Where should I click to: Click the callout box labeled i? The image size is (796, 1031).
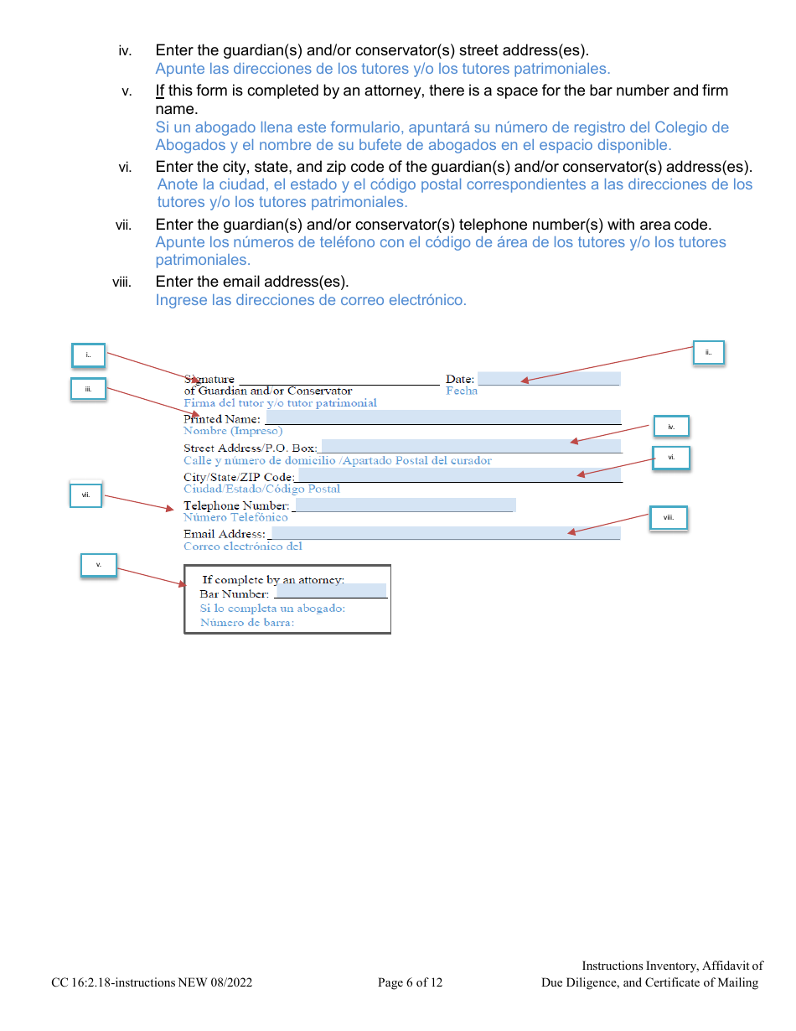88,355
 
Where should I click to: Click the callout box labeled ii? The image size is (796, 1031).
708,353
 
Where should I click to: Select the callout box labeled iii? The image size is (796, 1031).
88,389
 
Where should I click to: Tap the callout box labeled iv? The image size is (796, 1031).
671,427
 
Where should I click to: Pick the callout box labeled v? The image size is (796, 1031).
98,565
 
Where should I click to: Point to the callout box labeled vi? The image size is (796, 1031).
671,458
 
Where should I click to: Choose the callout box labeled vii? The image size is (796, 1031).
85,496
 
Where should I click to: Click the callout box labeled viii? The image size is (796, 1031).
669,518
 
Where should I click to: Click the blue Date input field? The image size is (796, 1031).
549,379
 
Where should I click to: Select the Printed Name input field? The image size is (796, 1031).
442,417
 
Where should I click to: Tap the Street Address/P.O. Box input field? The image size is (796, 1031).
471,447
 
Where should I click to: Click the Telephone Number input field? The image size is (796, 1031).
405,505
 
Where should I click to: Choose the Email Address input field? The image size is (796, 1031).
444,533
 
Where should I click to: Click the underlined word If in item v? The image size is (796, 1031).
160,91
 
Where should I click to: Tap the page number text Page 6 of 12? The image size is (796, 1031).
410,982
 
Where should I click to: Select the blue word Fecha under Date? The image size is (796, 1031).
462,391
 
